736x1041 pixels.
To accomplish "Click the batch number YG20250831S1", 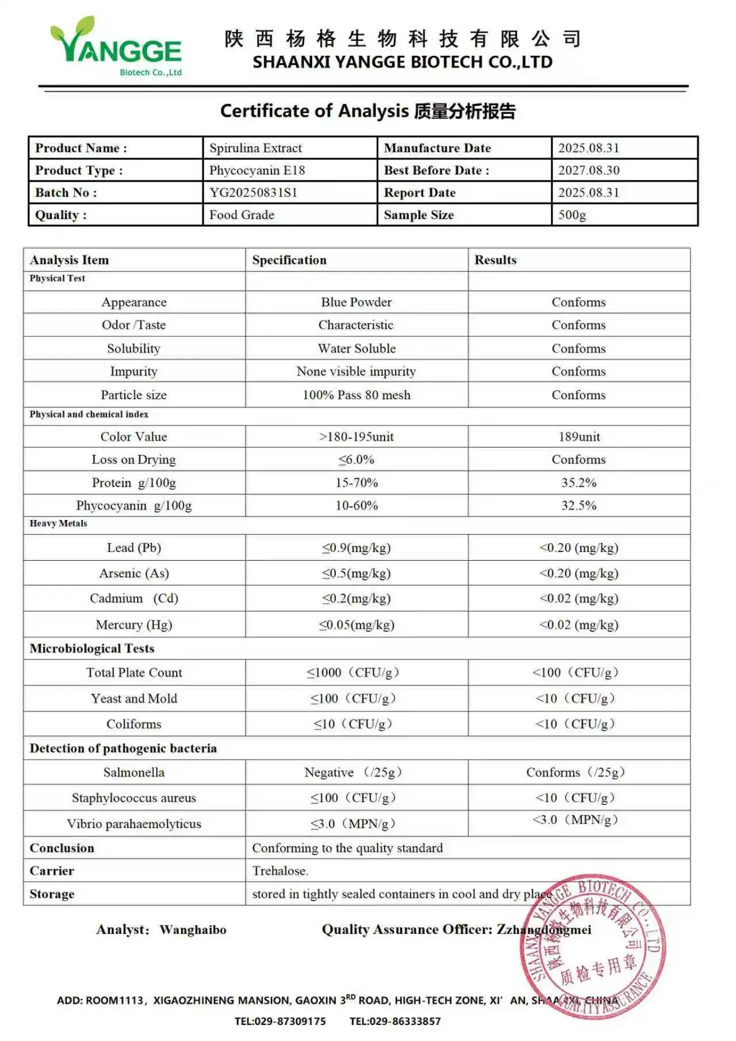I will tap(253, 193).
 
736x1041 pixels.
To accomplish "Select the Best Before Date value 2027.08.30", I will tap(589, 170).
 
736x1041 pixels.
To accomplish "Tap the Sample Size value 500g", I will tap(572, 215).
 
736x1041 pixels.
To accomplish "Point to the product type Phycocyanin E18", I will tap(257, 170).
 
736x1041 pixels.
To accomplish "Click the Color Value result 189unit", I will tap(579, 437).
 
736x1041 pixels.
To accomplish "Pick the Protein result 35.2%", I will tap(578, 483).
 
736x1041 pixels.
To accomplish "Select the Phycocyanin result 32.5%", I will tap(578, 506).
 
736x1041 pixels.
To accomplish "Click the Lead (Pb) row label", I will tap(134, 548).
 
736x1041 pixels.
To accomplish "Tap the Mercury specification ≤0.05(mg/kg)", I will tap(356, 625).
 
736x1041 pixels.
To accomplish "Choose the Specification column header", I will tap(289, 260).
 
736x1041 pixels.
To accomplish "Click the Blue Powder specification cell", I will tap(356, 302).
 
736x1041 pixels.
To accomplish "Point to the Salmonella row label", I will tap(134, 772).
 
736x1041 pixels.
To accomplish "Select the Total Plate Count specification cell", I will tap(353, 672).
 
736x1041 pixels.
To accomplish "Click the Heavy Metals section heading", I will tap(59, 523).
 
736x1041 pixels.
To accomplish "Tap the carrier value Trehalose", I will tap(280, 871).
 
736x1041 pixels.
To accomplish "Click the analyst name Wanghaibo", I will tap(193, 930).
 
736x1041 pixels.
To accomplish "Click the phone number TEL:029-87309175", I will tap(280, 1021).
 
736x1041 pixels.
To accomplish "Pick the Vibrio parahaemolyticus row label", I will tap(134, 824).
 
